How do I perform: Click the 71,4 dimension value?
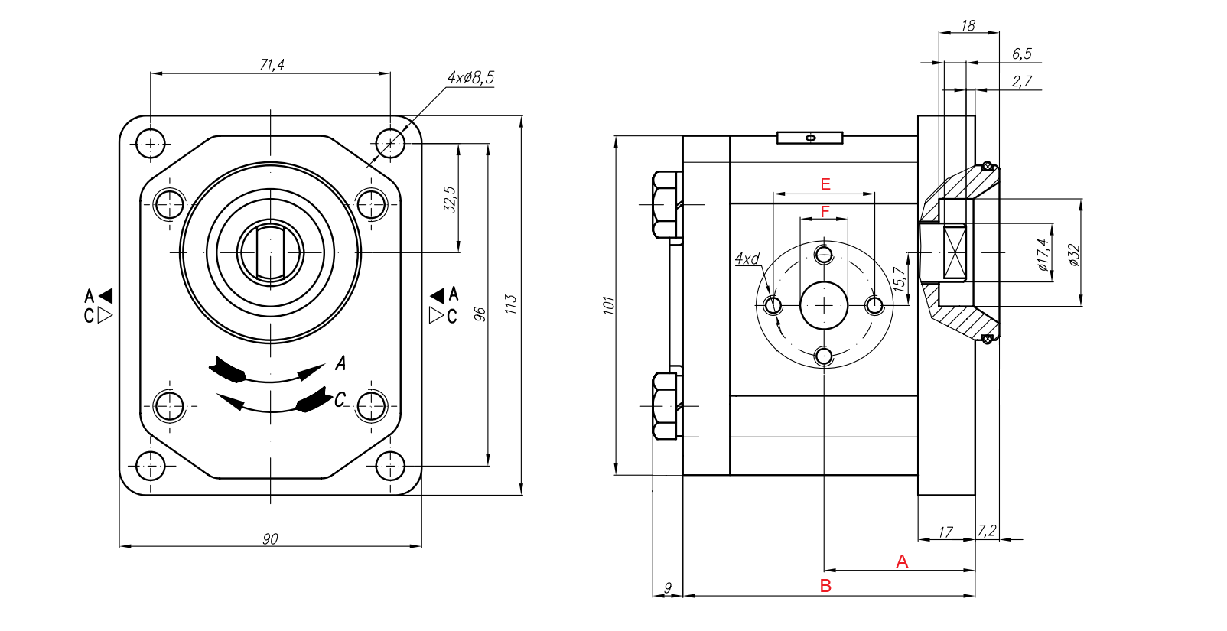point(272,65)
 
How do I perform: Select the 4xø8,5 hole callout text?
point(470,78)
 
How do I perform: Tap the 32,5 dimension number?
point(451,199)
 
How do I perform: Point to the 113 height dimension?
point(511,304)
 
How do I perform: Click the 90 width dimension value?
point(270,539)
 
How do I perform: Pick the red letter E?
point(825,184)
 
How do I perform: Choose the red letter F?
point(825,211)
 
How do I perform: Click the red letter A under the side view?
point(902,561)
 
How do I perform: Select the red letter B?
point(825,586)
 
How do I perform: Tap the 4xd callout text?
point(747,259)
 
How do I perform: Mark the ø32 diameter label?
point(1073,255)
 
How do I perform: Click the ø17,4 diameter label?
point(1043,255)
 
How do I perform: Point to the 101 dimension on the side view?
point(608,305)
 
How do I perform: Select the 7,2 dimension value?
point(987,531)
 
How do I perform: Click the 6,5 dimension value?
point(1021,54)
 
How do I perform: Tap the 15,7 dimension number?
point(900,278)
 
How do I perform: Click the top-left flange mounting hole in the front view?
point(151,143)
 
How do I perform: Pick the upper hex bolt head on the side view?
point(666,204)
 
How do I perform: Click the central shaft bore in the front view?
point(270,252)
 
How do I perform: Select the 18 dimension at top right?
point(968,26)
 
